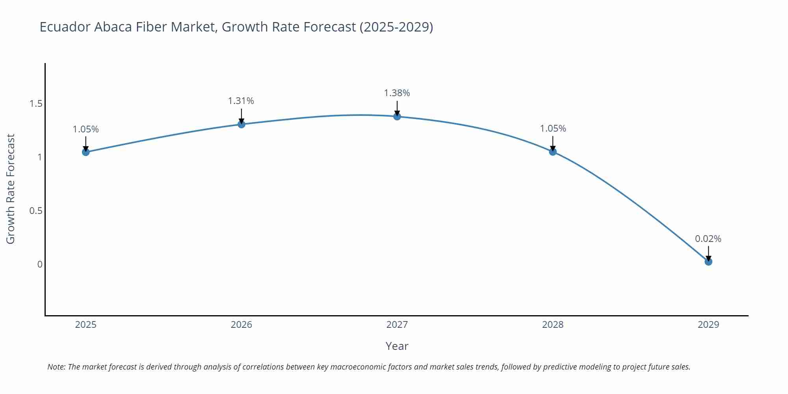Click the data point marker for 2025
[x=86, y=152]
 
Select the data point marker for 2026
[x=242, y=125]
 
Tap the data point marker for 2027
[x=397, y=117]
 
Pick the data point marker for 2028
[x=553, y=152]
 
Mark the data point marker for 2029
[x=708, y=262]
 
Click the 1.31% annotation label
[x=241, y=101]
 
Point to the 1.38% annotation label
[x=397, y=93]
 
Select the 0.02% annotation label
[x=708, y=239]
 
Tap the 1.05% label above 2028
[x=553, y=128]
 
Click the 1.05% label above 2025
[x=86, y=129]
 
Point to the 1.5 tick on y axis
[x=36, y=104]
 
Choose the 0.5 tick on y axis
[x=36, y=211]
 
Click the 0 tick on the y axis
[x=40, y=264]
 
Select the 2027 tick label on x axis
[x=397, y=325]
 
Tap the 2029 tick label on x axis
[x=708, y=325]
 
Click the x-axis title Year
[x=397, y=346]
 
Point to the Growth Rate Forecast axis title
[x=11, y=189]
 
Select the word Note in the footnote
[x=56, y=367]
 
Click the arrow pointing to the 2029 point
[x=708, y=253]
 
